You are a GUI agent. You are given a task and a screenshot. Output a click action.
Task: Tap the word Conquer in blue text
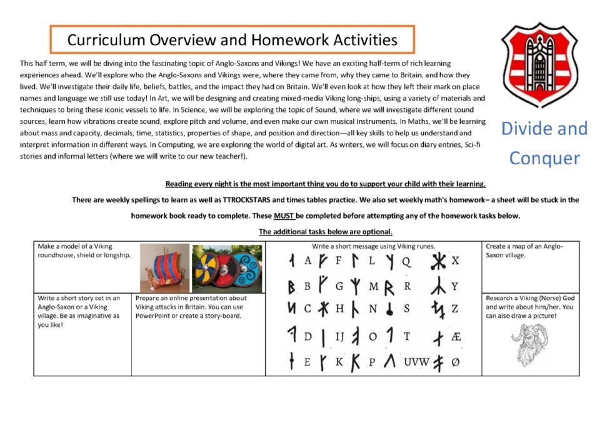tap(544, 157)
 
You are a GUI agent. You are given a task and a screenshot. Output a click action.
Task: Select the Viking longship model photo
tap(164, 268)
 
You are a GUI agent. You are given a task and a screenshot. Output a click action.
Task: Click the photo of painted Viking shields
tap(226, 268)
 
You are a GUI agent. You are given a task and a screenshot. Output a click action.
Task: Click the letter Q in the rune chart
tap(406, 261)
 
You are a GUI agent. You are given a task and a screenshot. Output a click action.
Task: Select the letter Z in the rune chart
tap(454, 309)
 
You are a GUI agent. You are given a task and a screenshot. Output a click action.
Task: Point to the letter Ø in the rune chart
tap(455, 361)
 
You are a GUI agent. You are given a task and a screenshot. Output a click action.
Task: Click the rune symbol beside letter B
tap(291, 286)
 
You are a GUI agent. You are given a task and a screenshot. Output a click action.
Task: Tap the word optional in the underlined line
tap(376, 232)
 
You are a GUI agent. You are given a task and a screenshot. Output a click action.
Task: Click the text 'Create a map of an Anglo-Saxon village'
tap(524, 251)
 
